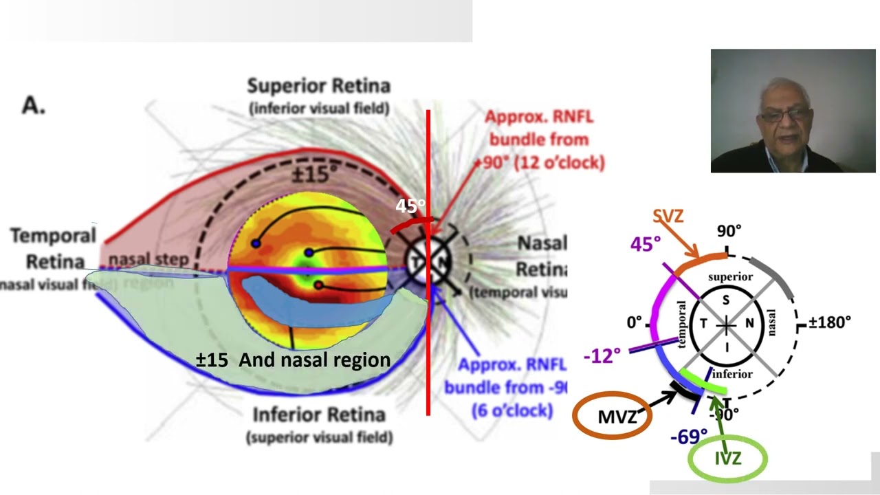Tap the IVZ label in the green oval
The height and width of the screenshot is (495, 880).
point(727,459)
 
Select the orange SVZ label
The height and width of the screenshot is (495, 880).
point(668,216)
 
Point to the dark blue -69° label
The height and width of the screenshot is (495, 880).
point(689,436)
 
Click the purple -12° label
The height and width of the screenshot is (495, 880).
point(602,355)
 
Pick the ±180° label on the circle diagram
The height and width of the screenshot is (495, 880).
point(830,322)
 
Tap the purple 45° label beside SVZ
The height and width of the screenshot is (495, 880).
point(646,244)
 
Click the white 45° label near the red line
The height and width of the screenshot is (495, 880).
point(410,206)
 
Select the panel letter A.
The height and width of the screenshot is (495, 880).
point(34,104)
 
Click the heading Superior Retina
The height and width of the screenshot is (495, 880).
point(319,86)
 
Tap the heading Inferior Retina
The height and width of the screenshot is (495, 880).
point(319,415)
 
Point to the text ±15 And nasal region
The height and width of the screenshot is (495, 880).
point(294,360)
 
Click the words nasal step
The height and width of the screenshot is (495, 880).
point(148,259)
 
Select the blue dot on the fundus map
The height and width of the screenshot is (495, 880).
point(256,243)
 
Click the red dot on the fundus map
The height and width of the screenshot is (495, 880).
point(318,285)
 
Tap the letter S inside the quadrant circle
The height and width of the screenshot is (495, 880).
point(726,300)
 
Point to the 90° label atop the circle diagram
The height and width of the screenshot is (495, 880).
point(729,231)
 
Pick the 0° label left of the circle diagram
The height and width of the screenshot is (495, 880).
point(633,322)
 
